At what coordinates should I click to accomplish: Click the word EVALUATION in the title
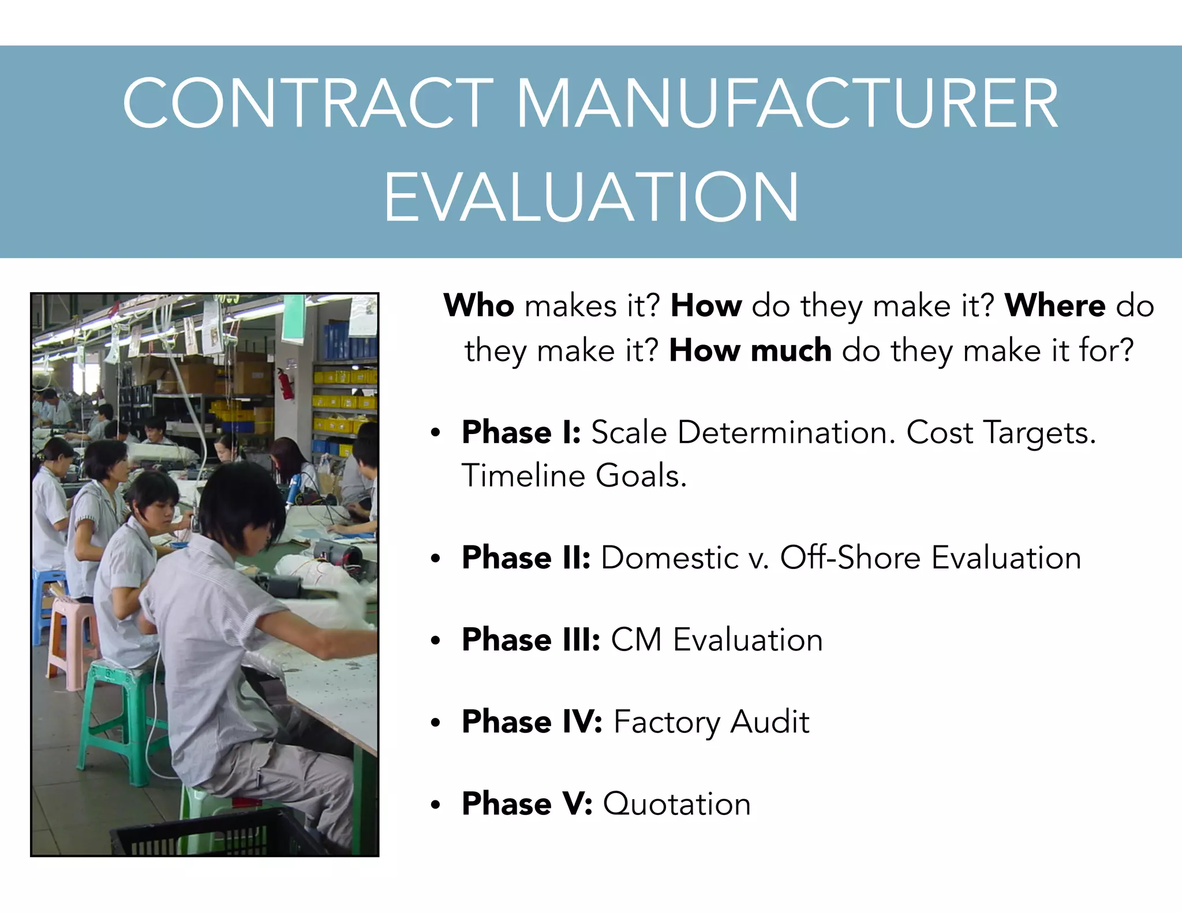(x=591, y=197)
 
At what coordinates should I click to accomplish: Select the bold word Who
(x=478, y=305)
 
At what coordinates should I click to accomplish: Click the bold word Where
(x=1054, y=305)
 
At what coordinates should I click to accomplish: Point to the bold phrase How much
(x=750, y=350)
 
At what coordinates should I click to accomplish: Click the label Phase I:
(x=521, y=432)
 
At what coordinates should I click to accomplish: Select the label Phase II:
(x=526, y=557)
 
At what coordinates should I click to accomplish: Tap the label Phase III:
(x=531, y=639)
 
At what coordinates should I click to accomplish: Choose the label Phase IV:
(x=532, y=721)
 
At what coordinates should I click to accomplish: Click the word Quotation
(x=676, y=803)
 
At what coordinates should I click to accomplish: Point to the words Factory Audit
(x=711, y=721)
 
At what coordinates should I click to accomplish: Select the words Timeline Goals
(x=574, y=476)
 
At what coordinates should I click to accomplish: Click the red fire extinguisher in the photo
(x=285, y=383)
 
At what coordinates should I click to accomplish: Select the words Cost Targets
(x=1000, y=432)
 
